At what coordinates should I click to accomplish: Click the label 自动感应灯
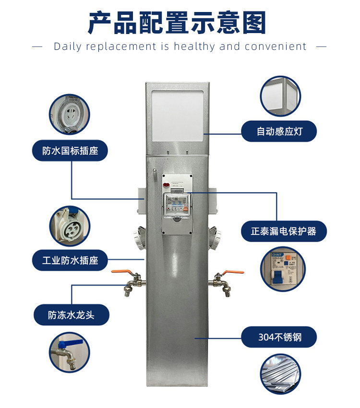click(279, 131)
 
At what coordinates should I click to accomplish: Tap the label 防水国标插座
click(70, 151)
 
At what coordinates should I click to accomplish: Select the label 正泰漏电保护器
click(284, 231)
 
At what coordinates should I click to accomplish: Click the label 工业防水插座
click(70, 260)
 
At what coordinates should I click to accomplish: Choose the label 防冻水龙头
click(72, 315)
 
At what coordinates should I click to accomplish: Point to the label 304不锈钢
click(279, 337)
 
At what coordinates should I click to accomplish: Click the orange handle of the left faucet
click(122, 272)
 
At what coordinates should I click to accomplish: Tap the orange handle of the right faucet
click(232, 272)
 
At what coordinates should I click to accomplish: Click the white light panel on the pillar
click(178, 116)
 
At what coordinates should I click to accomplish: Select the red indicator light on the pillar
click(166, 185)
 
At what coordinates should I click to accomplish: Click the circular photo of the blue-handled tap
click(69, 352)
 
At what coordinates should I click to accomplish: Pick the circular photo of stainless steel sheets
click(280, 374)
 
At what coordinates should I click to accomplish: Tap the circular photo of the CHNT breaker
click(283, 269)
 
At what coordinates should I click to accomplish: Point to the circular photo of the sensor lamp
click(280, 96)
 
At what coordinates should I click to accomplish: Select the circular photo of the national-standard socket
click(69, 114)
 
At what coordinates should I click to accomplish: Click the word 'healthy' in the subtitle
click(194, 47)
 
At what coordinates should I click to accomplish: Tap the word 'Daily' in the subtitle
click(68, 47)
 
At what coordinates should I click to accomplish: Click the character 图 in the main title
click(254, 23)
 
